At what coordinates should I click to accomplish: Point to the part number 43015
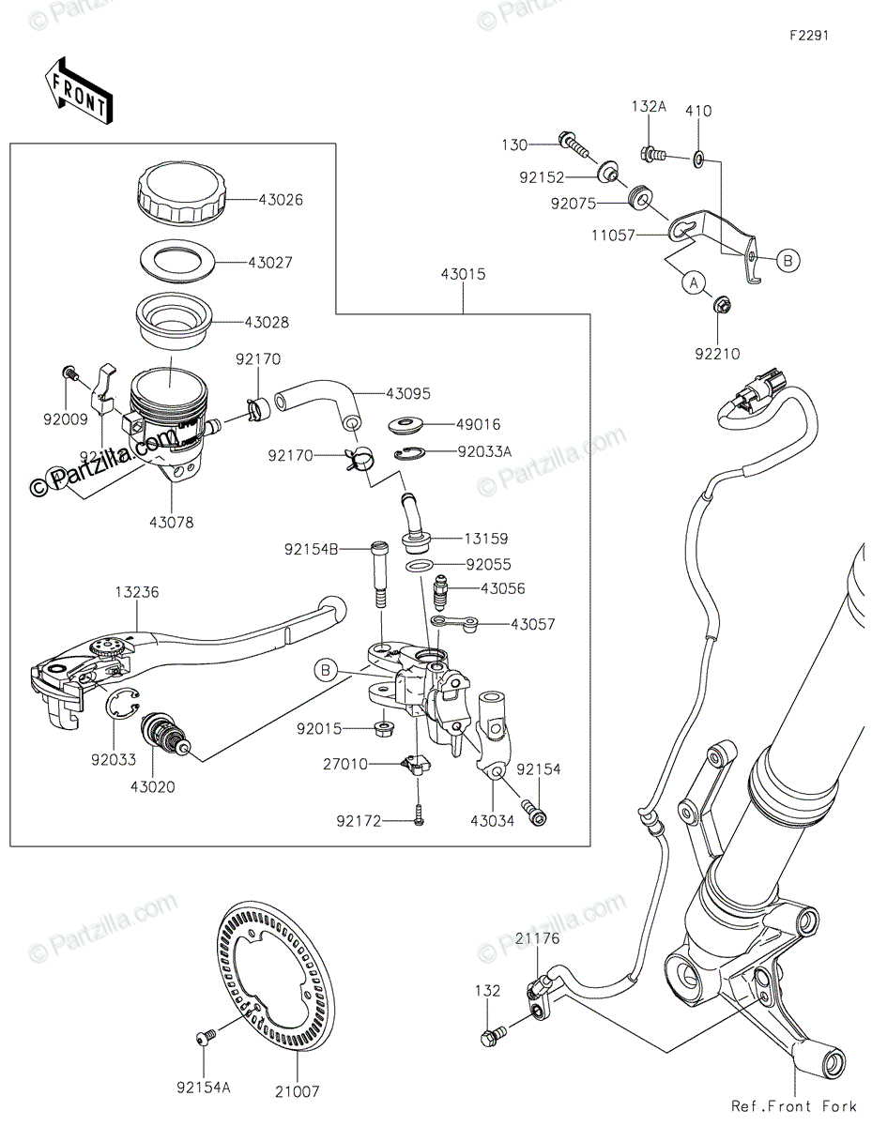463,275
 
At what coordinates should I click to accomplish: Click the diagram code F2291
808,36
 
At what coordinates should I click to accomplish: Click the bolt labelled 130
574,144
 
